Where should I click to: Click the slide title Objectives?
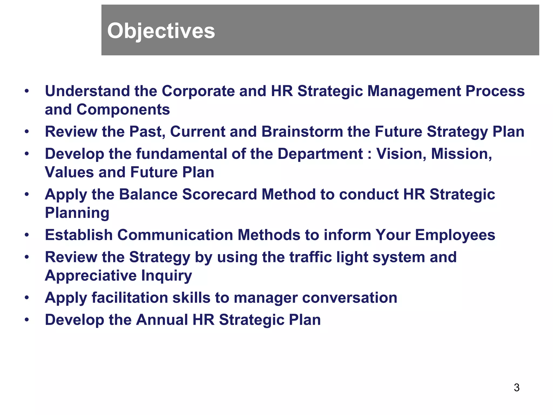(x=161, y=31)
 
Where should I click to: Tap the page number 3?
(x=517, y=387)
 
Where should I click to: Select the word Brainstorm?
(x=302, y=132)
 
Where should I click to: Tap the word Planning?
(x=77, y=213)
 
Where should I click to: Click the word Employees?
(x=455, y=235)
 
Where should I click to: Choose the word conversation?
(x=350, y=298)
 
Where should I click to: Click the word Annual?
(x=162, y=320)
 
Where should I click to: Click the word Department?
(x=320, y=154)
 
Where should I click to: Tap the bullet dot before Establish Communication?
(x=26, y=235)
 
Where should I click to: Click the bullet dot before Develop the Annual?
(x=26, y=320)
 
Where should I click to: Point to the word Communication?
(x=175, y=235)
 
